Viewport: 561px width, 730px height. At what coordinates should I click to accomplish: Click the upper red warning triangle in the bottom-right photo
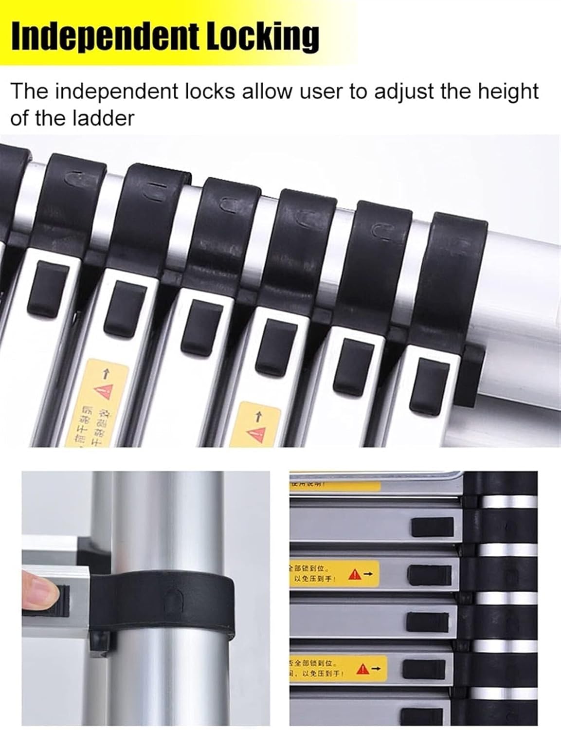tap(355, 575)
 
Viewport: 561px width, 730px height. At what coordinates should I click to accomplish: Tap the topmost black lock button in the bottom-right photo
tap(432, 527)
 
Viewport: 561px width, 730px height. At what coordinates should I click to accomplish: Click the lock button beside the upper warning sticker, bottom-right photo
tap(429, 575)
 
